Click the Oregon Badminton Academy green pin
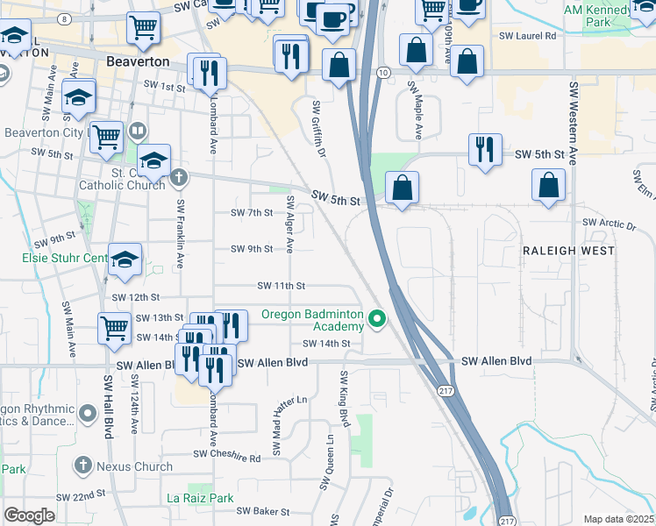pos(378,318)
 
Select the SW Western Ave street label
pos(574,123)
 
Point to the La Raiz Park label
pos(201,498)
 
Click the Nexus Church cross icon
pos(83,466)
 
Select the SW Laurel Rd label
pos(528,37)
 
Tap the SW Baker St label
pos(263,511)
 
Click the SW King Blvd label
pos(343,400)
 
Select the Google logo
pos(29,515)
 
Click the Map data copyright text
pos(617,519)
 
